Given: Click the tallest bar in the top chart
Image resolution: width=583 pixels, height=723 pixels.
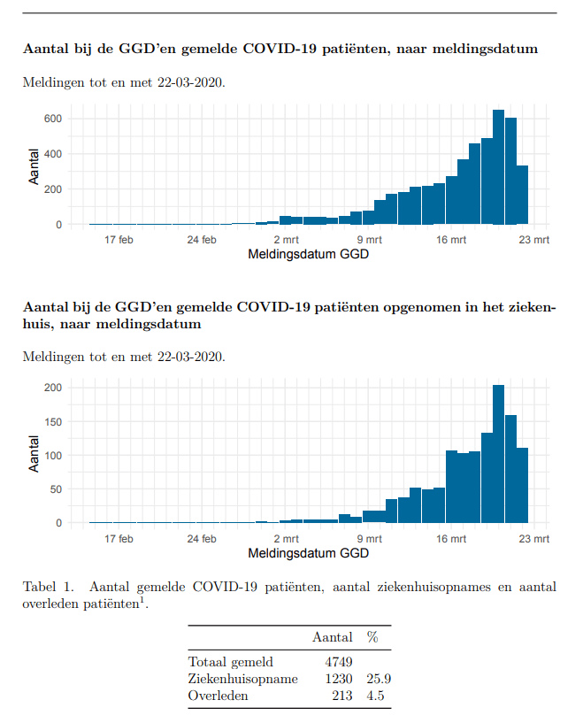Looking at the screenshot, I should (x=498, y=167).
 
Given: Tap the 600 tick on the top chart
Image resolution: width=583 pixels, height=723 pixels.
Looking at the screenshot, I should (x=52, y=119).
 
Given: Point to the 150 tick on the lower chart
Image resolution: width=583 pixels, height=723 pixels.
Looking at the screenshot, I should (x=52, y=421).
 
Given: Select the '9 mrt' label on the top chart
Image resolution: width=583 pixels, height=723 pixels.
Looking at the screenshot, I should (x=369, y=240).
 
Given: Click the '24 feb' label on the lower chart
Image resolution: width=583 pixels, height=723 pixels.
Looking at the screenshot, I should (x=203, y=538).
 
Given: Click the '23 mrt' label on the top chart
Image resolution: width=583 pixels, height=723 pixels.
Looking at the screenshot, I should (x=534, y=240).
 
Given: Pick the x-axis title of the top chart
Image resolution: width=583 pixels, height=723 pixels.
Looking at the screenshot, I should (x=309, y=256).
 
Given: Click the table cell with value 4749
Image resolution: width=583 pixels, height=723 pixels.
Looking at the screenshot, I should (x=340, y=661).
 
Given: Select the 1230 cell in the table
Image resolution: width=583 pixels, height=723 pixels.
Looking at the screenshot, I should (x=340, y=679).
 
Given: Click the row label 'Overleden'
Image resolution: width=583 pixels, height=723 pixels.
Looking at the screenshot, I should (x=219, y=696).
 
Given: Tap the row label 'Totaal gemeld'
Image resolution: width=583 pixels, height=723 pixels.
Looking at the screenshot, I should (x=231, y=661).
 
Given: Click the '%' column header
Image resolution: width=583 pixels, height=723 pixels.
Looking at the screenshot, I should (x=372, y=637).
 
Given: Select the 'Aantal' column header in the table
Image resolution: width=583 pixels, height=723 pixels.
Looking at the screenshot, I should (x=333, y=637).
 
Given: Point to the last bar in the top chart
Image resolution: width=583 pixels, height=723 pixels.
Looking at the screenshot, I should (x=522, y=195).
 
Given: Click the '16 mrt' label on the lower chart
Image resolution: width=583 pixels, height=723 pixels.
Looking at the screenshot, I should (x=451, y=538).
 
